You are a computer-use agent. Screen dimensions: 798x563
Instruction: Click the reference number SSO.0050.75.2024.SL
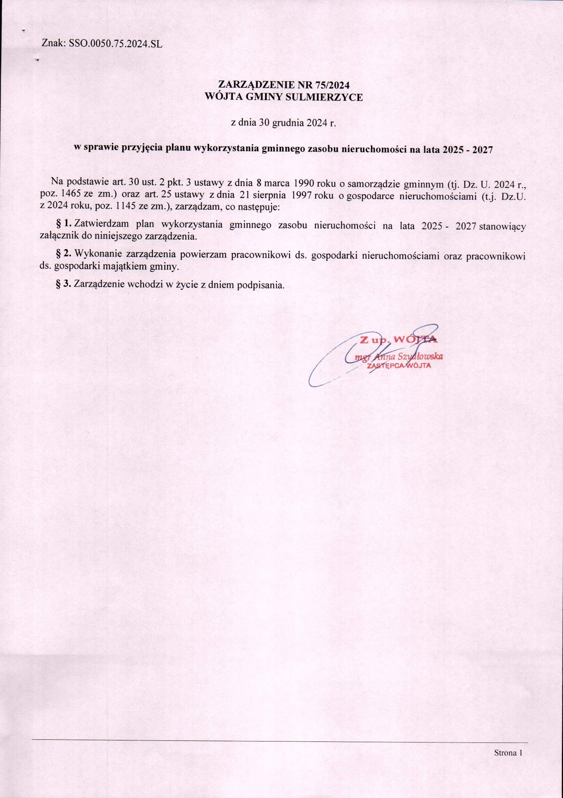[x=117, y=44]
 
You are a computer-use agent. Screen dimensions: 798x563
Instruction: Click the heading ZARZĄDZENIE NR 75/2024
[x=284, y=84]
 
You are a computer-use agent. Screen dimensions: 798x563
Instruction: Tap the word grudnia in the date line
[x=288, y=123]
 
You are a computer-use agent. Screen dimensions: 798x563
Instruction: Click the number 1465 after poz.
[x=71, y=196]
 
